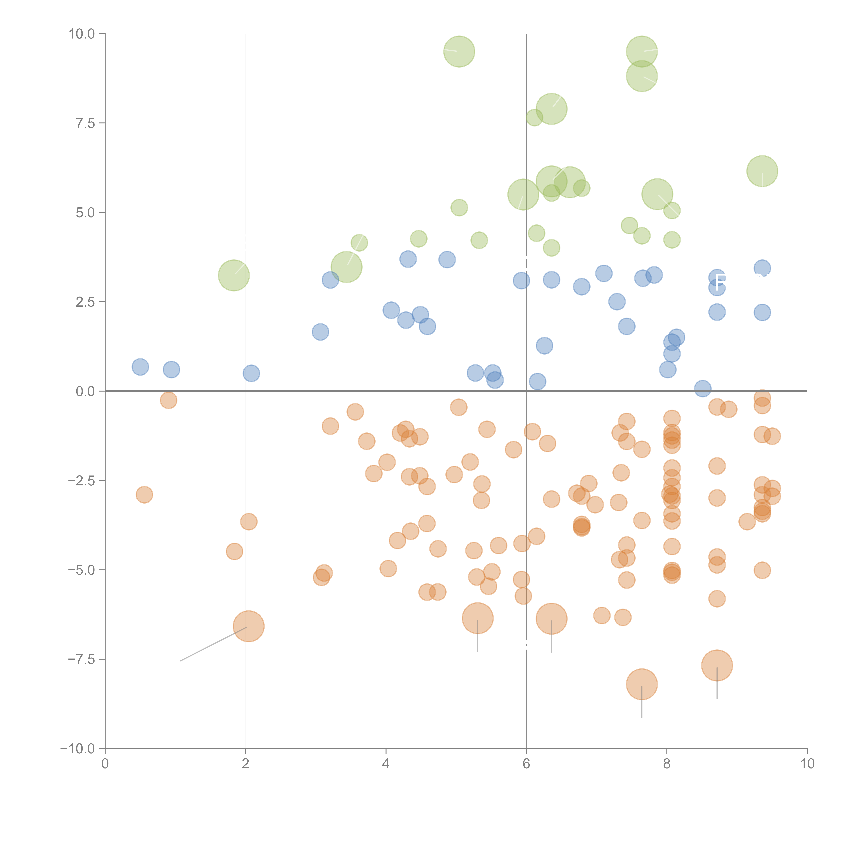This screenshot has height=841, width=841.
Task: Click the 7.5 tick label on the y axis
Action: (85, 123)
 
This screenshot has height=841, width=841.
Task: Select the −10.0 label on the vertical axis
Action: (78, 749)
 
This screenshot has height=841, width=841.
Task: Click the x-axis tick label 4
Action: (386, 764)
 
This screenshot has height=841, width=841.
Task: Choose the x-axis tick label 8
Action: (667, 764)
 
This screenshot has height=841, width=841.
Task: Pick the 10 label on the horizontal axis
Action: (807, 764)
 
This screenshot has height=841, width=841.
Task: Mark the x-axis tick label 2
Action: (246, 764)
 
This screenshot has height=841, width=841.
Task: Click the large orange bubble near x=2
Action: (249, 626)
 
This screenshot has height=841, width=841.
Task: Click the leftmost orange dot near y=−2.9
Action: (144, 495)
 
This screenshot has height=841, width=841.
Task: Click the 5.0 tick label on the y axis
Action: (85, 212)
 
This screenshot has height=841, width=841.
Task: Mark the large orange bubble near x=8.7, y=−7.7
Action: (717, 665)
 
